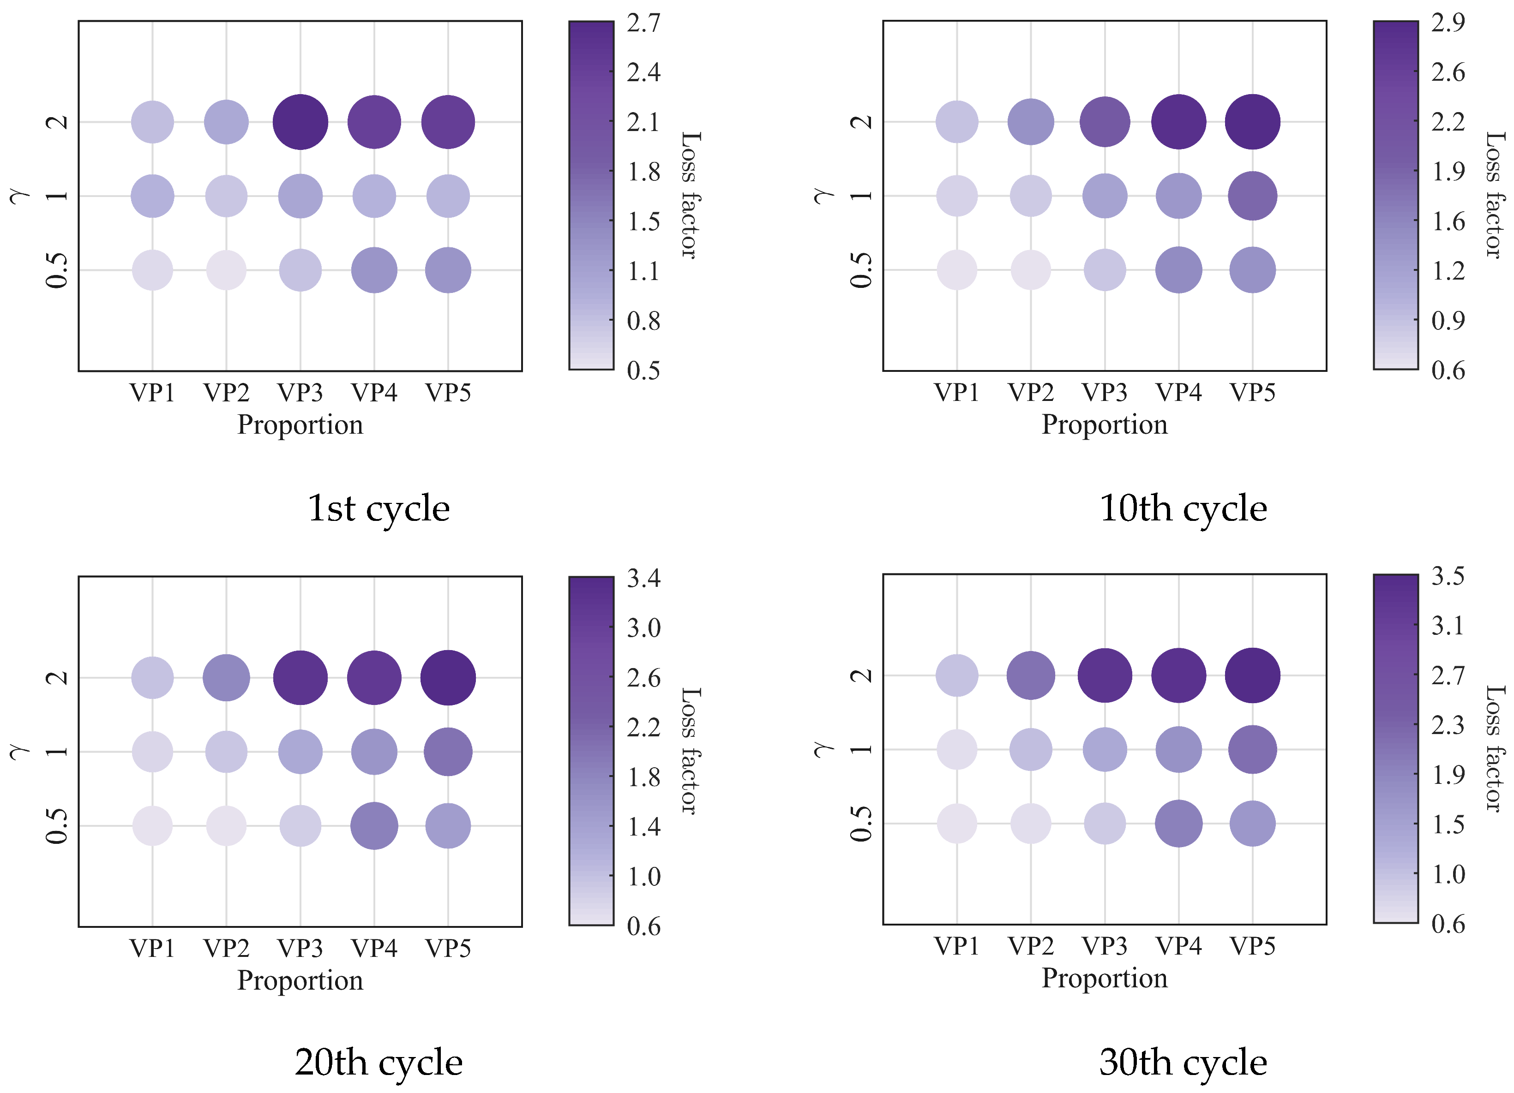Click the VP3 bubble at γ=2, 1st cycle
tap(300, 122)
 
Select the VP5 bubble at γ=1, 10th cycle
tap(1252, 196)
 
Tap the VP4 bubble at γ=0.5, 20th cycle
tap(374, 826)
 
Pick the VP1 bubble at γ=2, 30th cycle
tap(957, 675)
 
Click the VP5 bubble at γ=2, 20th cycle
tap(448, 677)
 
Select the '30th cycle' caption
tap(1183, 1062)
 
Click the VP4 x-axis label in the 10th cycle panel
tap(1179, 392)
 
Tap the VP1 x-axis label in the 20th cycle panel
tap(153, 948)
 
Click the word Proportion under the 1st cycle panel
tap(300, 425)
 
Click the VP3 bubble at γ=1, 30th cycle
tap(1105, 749)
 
